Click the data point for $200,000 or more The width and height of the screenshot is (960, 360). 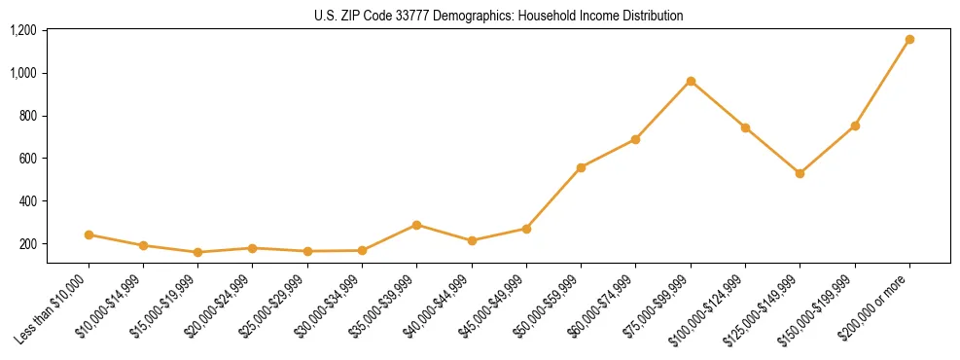click(x=909, y=40)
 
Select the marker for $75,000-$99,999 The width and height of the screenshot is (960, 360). click(x=691, y=81)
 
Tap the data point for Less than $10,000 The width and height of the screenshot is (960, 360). click(x=89, y=234)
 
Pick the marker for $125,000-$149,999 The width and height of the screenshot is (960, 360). click(x=800, y=173)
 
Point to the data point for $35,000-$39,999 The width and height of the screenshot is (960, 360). click(x=417, y=225)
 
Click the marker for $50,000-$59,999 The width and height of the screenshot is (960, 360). click(x=581, y=167)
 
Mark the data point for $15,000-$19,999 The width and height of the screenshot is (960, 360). click(x=198, y=252)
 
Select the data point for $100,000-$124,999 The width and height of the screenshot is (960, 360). click(x=745, y=127)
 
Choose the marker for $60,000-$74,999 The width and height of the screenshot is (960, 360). click(x=635, y=139)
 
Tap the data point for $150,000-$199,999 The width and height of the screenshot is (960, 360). click(x=855, y=126)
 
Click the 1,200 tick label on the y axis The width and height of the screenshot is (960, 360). click(x=23, y=30)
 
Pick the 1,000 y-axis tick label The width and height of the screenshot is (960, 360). click(x=23, y=73)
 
